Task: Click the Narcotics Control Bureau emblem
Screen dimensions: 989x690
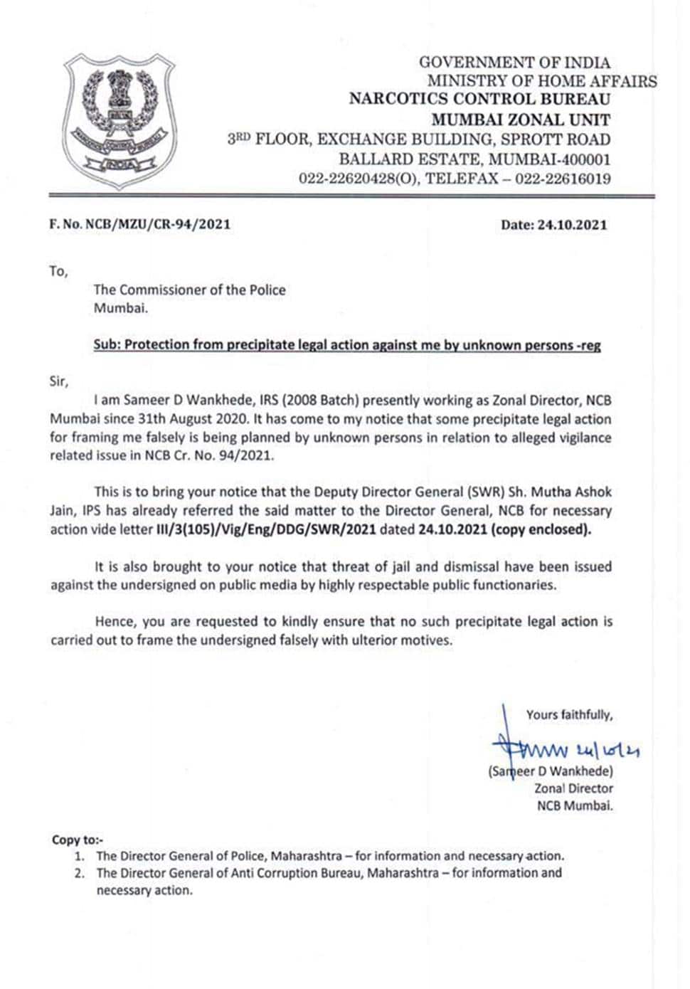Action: click(119, 121)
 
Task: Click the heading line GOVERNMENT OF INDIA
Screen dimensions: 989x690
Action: click(514, 63)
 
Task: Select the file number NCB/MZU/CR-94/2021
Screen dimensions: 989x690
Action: click(158, 224)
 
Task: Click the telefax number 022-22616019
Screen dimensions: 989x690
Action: click(563, 178)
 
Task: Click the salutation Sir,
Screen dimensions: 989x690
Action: click(59, 381)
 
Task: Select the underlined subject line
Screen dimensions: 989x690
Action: click(347, 345)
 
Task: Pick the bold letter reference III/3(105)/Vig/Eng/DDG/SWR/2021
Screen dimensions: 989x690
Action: click(266, 529)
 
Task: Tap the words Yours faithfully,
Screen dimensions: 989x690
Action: click(569, 714)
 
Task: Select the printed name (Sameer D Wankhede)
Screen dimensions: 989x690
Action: click(550, 771)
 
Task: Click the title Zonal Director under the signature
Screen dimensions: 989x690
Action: click(573, 788)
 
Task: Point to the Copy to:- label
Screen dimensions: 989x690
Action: click(78, 840)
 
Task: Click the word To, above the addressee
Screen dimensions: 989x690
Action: click(58, 271)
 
